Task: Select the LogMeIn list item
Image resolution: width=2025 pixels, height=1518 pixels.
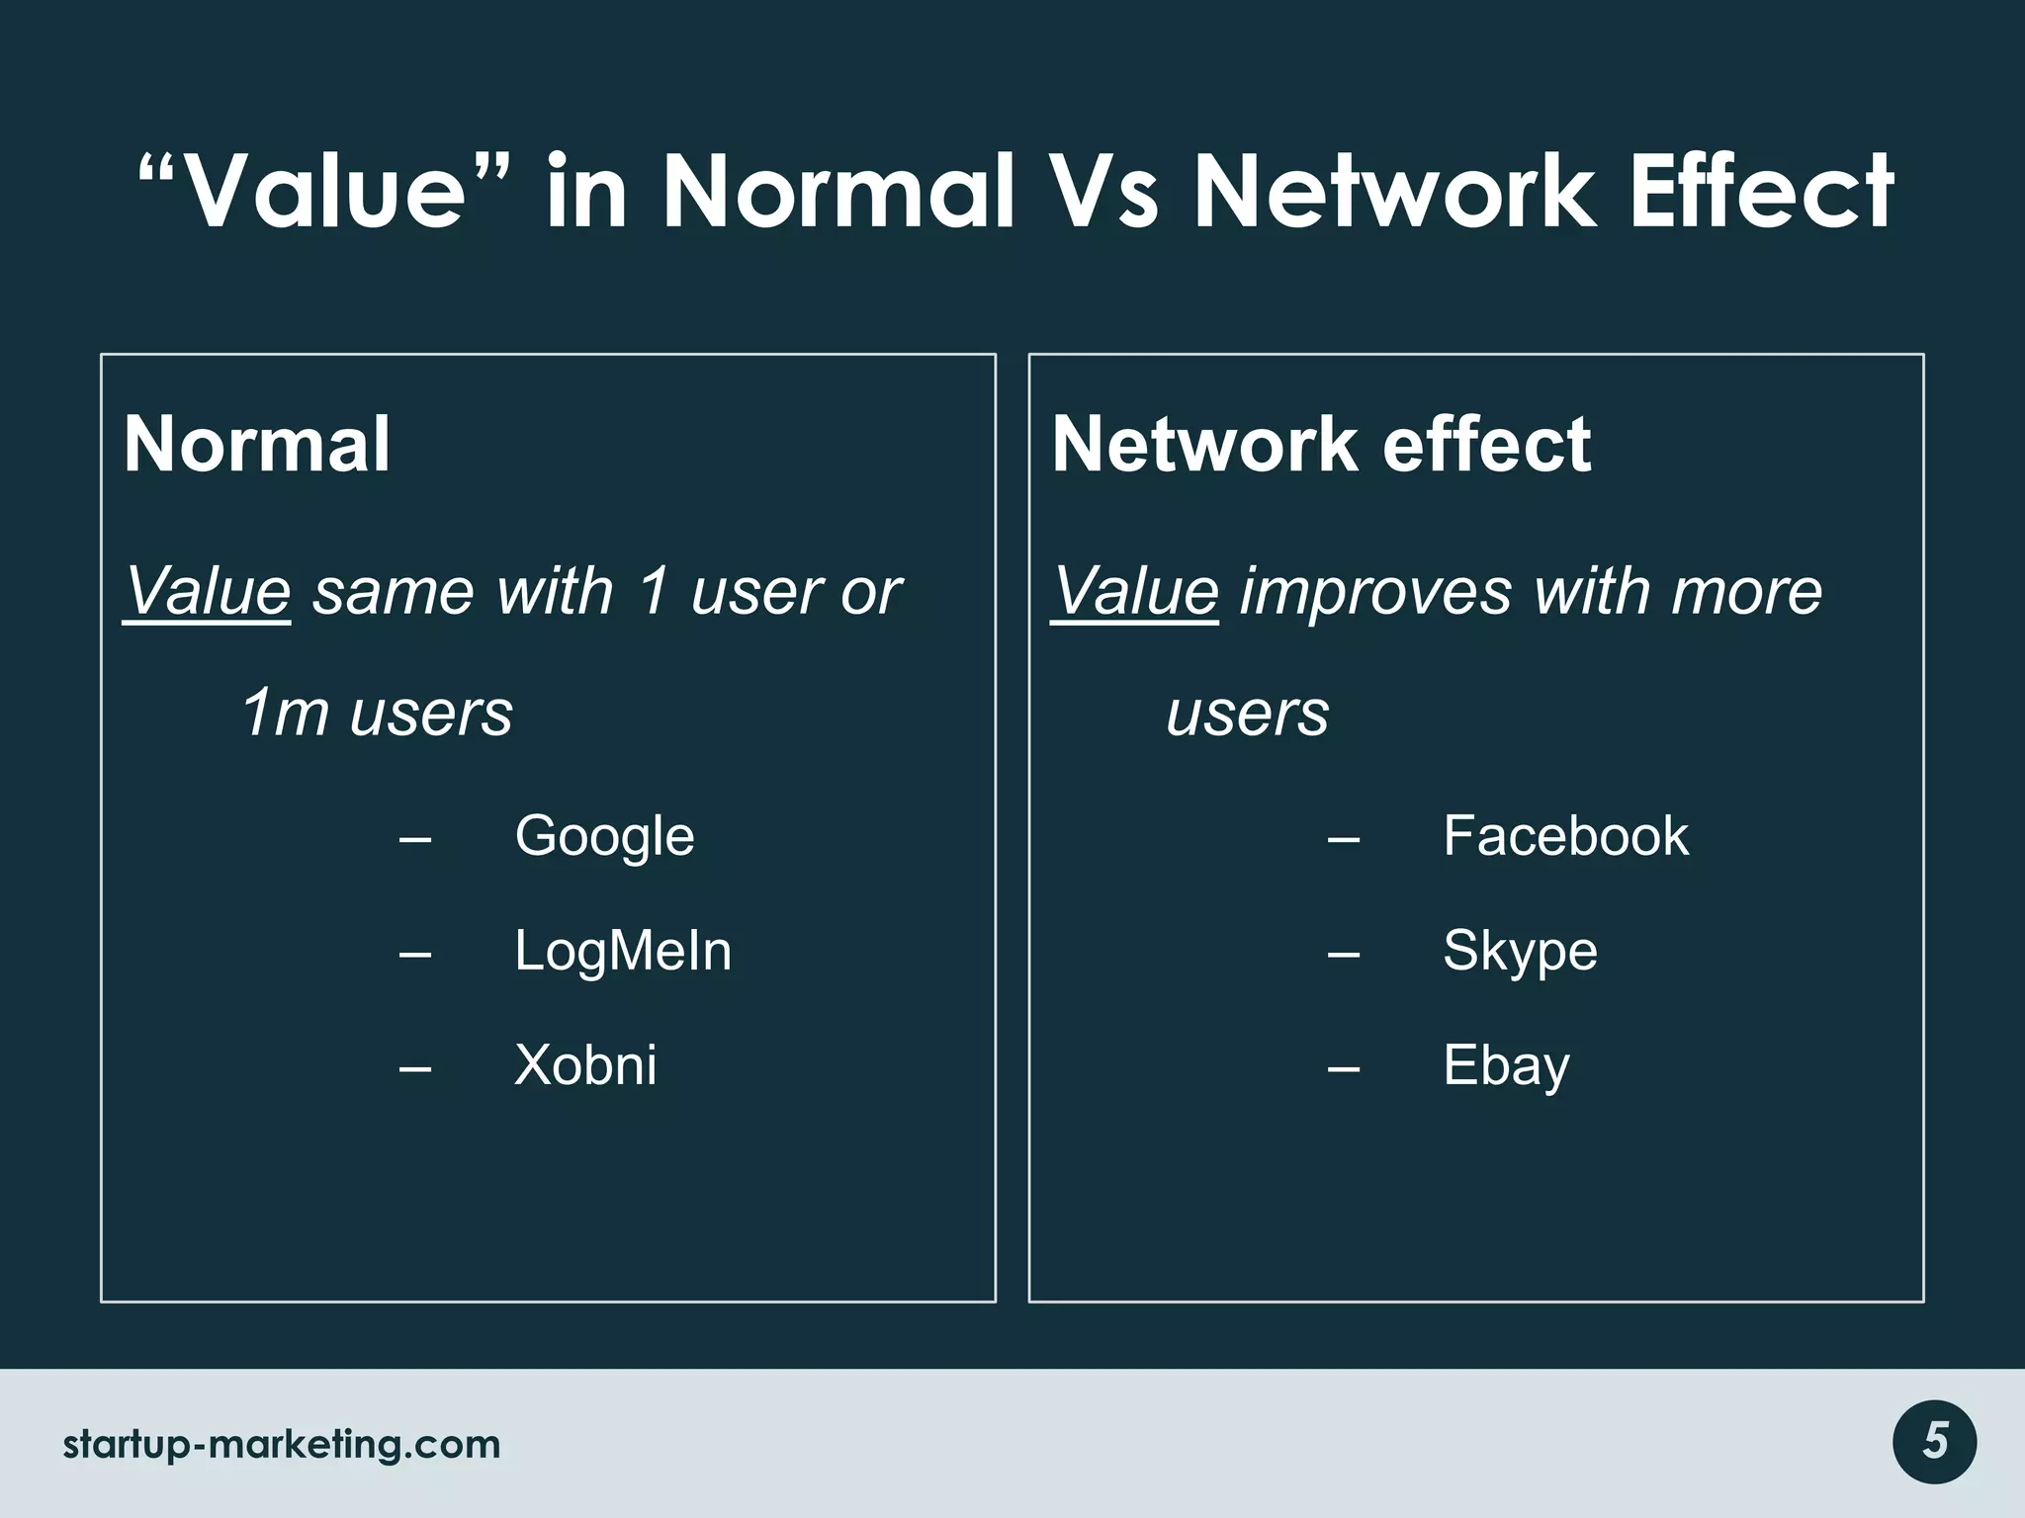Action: pos(622,952)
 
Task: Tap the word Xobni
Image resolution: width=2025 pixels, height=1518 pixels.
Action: pos(584,1066)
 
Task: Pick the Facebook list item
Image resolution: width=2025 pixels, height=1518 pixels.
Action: pos(1565,836)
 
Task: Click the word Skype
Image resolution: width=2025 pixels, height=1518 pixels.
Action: pos(1519,952)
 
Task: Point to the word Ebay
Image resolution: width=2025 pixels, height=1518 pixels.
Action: pos(1505,1066)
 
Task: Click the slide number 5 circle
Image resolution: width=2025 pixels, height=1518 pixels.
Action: pos(1934,1442)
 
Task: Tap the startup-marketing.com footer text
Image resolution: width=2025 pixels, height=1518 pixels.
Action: pos(282,1445)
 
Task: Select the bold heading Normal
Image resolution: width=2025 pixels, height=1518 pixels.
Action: pos(257,444)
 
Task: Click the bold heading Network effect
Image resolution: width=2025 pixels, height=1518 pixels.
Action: pos(1321,444)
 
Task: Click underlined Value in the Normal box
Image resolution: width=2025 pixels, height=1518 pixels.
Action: pos(207,592)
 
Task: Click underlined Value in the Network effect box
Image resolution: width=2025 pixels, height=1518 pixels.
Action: pos(1134,592)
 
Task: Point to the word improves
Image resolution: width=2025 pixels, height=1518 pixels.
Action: pos(1375,592)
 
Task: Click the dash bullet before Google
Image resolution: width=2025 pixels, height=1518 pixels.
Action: pos(415,839)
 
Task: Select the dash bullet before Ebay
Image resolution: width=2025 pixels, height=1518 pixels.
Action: pos(1343,1068)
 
